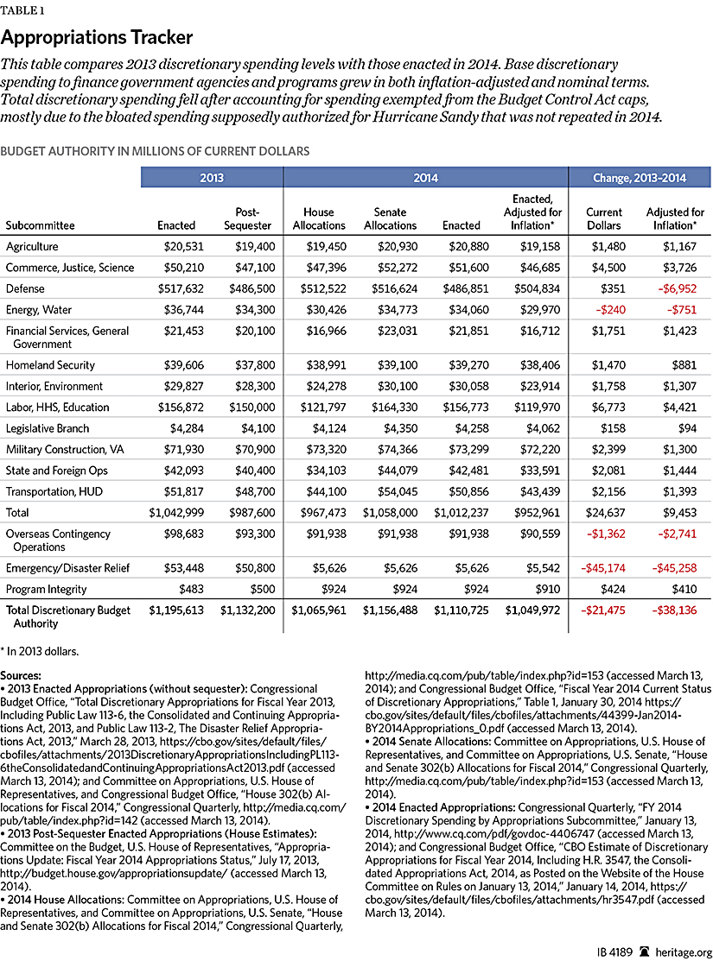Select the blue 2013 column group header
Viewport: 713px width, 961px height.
[212, 178]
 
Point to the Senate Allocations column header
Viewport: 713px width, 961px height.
[390, 218]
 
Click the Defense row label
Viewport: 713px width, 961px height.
[25, 288]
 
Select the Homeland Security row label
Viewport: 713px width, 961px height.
[49, 365]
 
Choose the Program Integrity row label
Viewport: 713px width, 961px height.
[47, 589]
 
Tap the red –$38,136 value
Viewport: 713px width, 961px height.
[677, 610]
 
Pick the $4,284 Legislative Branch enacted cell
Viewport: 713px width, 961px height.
[178, 428]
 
